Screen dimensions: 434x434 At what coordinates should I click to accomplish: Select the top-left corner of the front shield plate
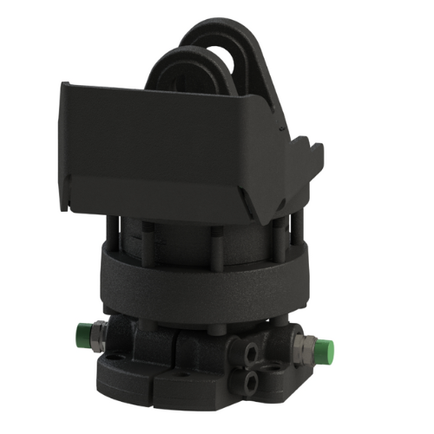(x=68, y=84)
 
